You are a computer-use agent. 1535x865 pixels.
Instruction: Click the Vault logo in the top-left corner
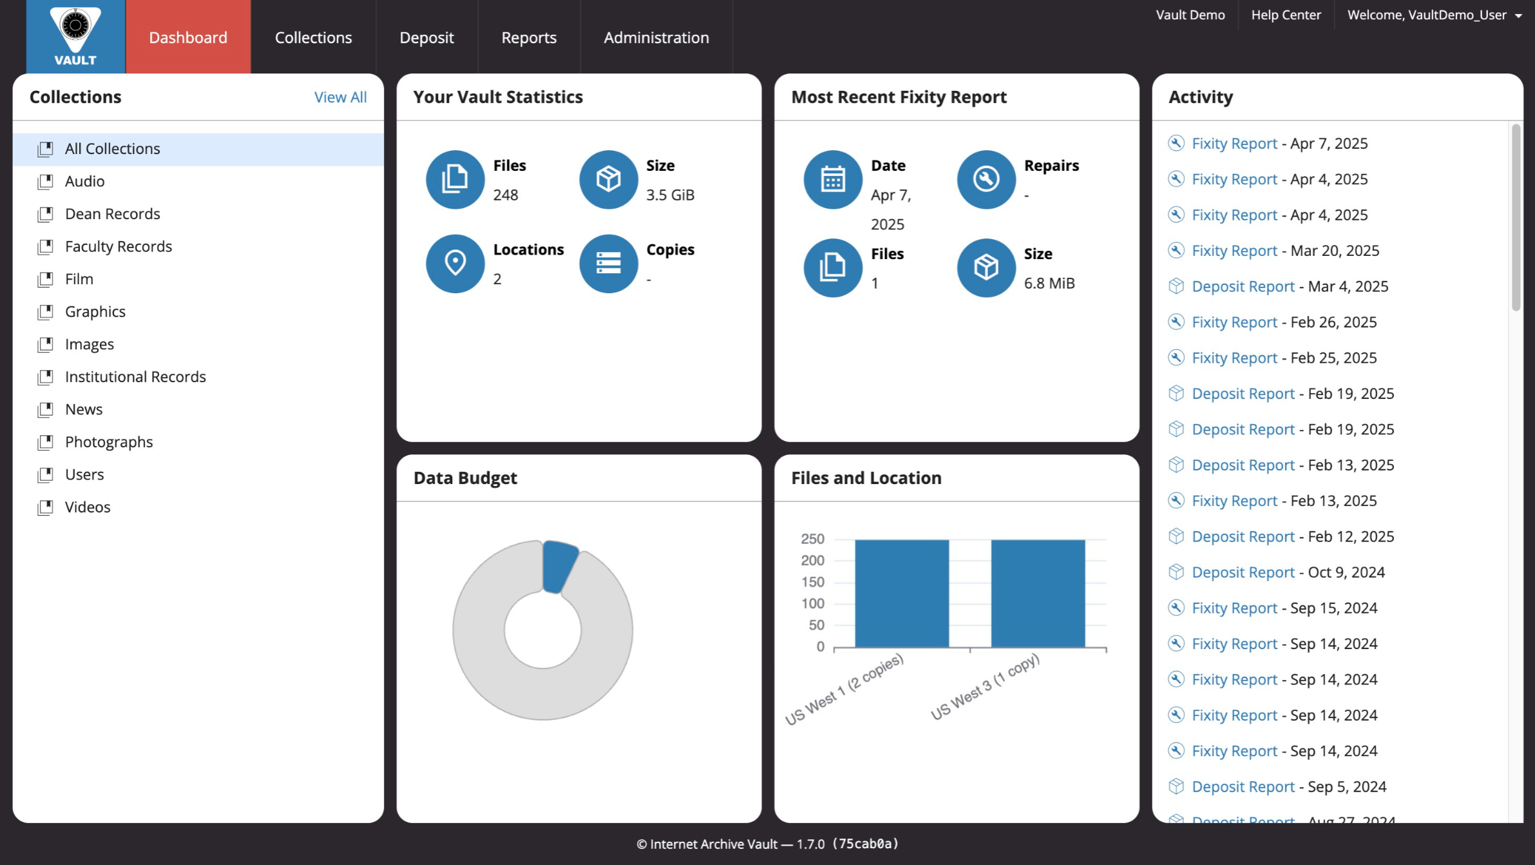tap(75, 36)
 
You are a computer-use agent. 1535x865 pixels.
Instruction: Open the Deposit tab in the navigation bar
tap(426, 37)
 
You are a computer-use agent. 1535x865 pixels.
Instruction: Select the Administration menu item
tap(656, 37)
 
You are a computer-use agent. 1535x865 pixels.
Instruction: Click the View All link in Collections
tap(340, 97)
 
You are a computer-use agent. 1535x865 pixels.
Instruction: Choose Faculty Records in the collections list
tap(118, 246)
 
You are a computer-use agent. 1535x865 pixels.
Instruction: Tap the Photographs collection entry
tap(108, 442)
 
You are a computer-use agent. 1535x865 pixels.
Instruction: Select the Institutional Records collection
tap(135, 376)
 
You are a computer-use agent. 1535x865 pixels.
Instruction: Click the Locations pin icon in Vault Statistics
tap(455, 263)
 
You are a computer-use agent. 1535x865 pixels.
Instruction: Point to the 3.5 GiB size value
tap(670, 195)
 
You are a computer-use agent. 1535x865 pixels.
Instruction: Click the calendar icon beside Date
tap(832, 179)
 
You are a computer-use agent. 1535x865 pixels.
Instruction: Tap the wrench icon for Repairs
tap(986, 179)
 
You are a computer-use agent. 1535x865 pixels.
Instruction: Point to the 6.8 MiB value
tap(1049, 283)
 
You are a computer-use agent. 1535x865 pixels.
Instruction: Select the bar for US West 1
tap(901, 593)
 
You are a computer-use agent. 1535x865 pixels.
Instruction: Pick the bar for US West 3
tap(1037, 593)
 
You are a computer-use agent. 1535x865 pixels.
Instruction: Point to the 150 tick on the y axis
tap(812, 582)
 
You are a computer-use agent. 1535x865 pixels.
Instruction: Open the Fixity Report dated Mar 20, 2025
tap(1234, 251)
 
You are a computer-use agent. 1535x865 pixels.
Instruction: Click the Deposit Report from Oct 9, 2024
tap(1243, 572)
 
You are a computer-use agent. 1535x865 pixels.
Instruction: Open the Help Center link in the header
tap(1285, 15)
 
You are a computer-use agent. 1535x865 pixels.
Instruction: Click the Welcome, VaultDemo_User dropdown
tap(1434, 15)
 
